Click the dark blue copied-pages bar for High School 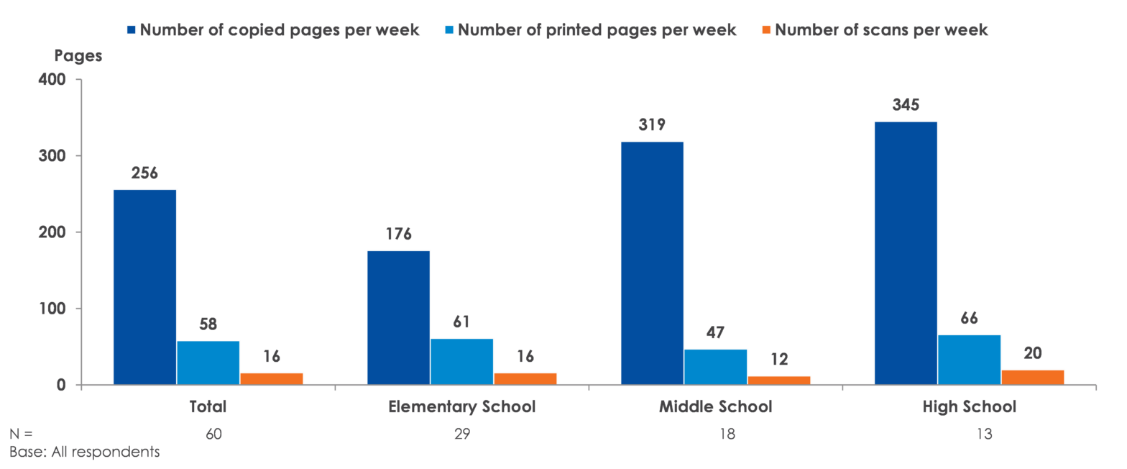(906, 252)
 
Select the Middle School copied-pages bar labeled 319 (652, 263)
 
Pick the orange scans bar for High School (1033, 377)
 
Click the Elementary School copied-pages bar (398, 317)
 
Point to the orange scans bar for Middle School (779, 380)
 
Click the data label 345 (906, 105)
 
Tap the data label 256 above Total (144, 173)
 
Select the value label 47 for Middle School (716, 333)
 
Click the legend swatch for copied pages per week (132, 30)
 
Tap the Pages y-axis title (78, 57)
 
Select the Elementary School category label (461, 407)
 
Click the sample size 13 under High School (969, 434)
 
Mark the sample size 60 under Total (208, 434)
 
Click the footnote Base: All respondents (85, 452)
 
